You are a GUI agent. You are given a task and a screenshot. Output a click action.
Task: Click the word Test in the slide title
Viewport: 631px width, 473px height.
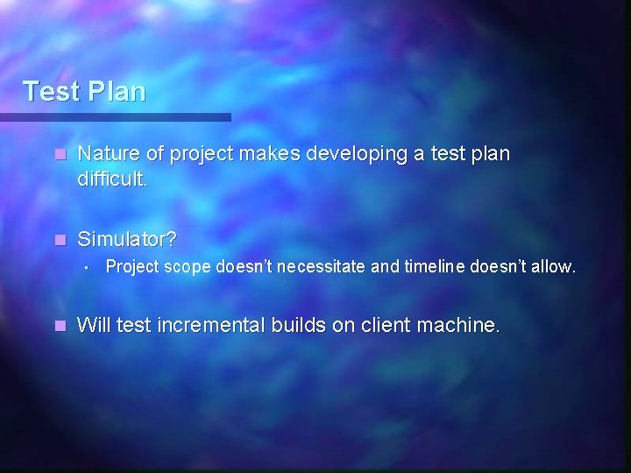coord(51,91)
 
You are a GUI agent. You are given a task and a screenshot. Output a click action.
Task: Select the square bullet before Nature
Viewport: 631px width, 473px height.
coord(59,155)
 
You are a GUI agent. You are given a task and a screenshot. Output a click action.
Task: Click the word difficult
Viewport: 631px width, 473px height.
coord(113,180)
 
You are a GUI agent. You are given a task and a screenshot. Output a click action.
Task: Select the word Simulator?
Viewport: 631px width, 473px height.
coord(127,239)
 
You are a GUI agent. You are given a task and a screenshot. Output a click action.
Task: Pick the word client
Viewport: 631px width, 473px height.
coord(386,326)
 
